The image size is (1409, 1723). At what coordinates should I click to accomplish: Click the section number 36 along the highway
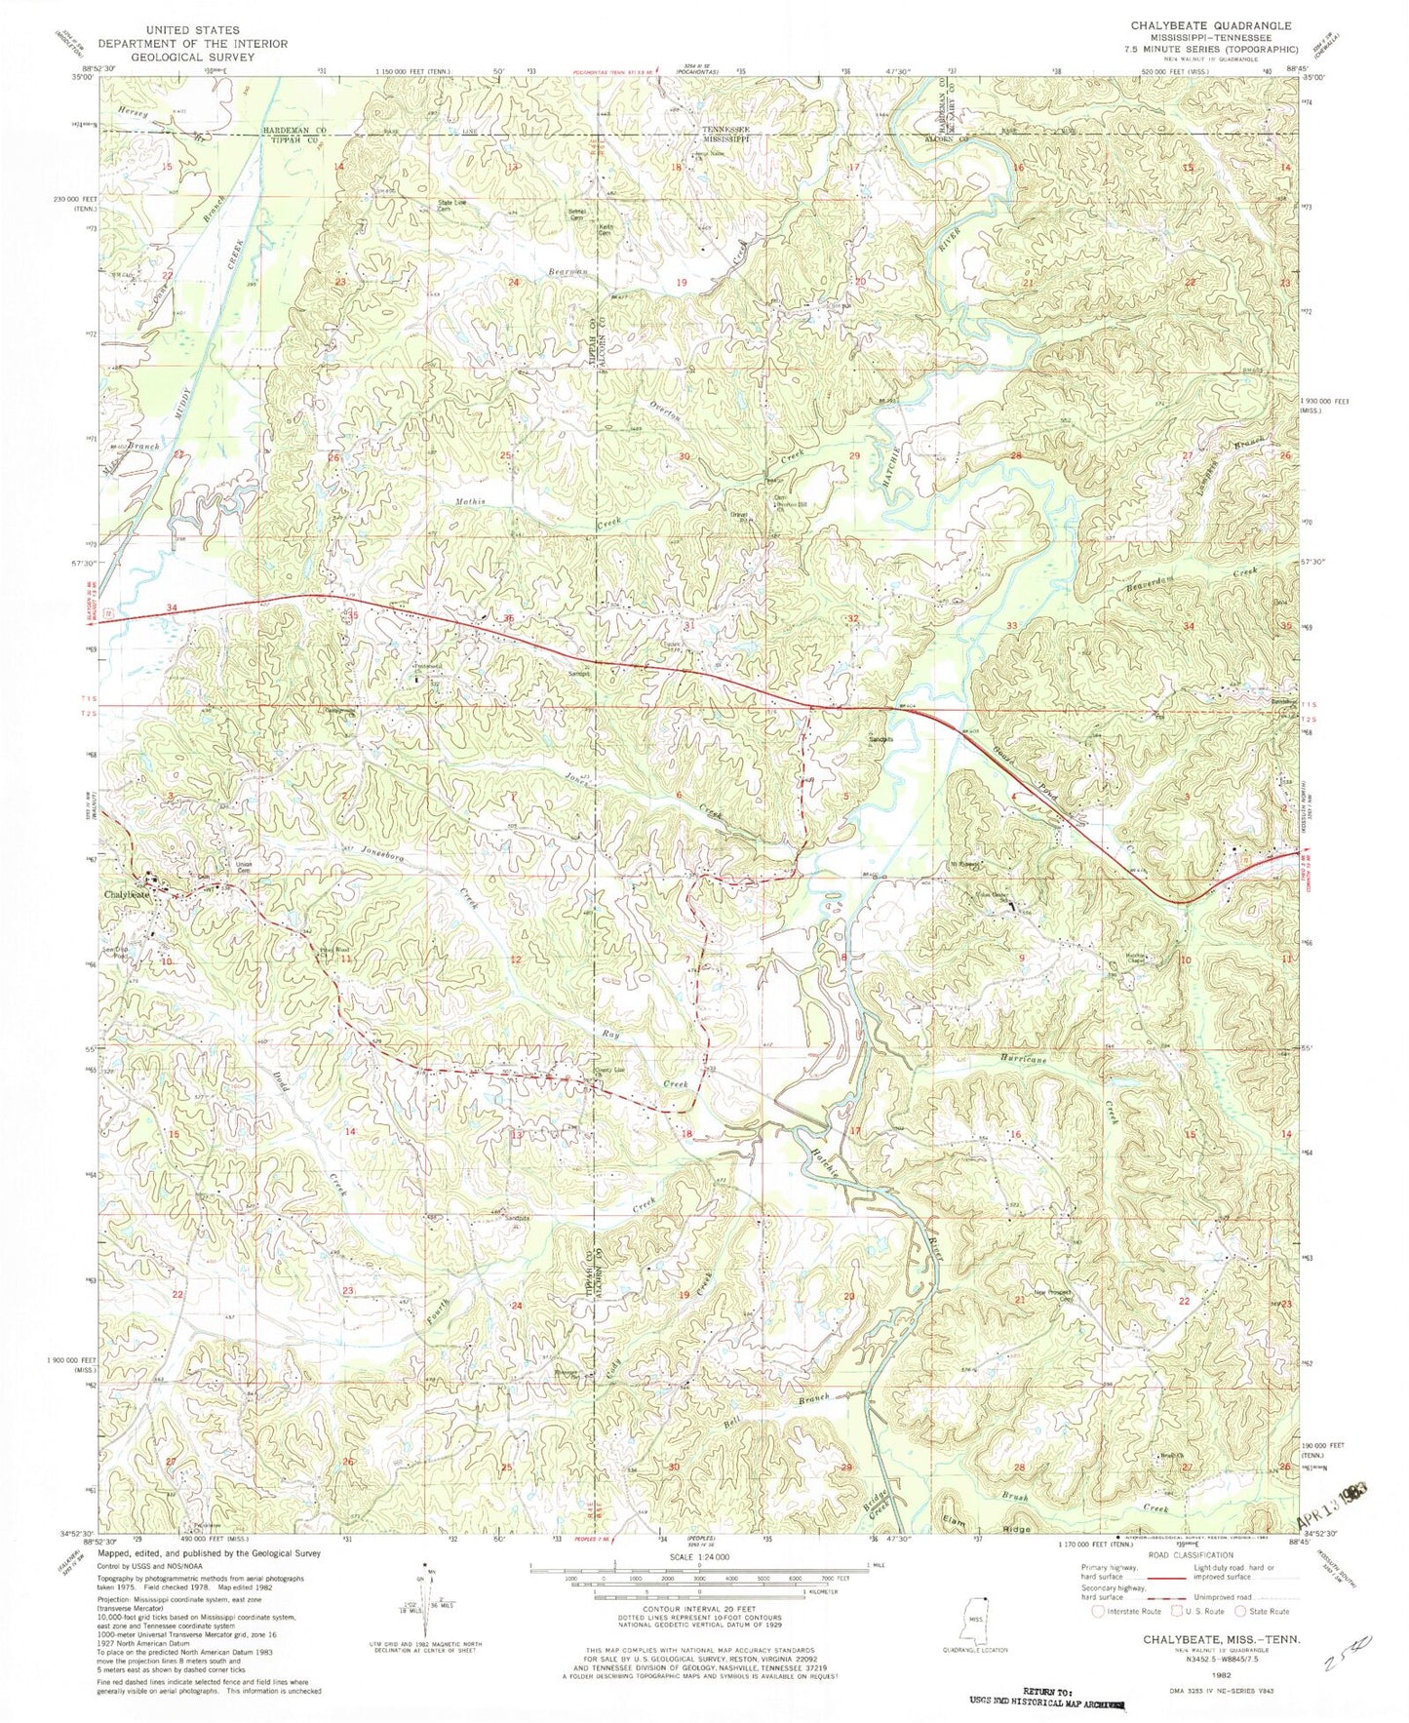tap(508, 617)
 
